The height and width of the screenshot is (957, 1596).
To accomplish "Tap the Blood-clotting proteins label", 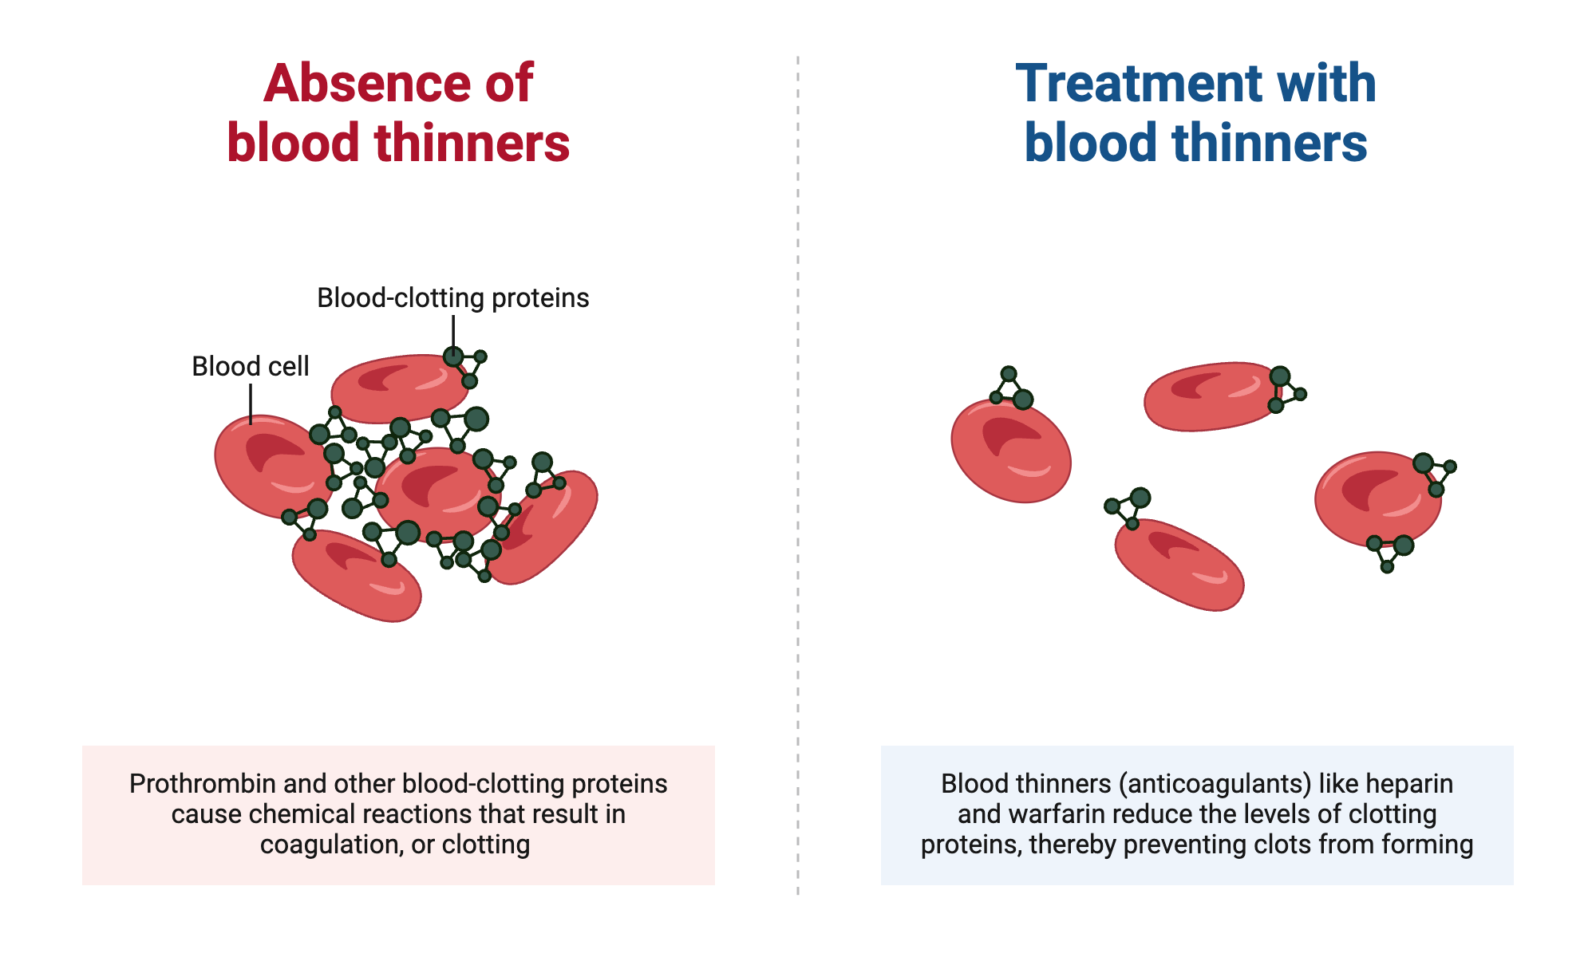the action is click(x=452, y=297).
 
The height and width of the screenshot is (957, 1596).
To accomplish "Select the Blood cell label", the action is click(x=250, y=366).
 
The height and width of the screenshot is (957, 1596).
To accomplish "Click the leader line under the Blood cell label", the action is click(x=251, y=404).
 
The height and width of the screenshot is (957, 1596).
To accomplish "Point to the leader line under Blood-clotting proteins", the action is click(x=453, y=331).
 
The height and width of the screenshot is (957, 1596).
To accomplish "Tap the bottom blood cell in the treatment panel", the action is click(x=1179, y=565).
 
